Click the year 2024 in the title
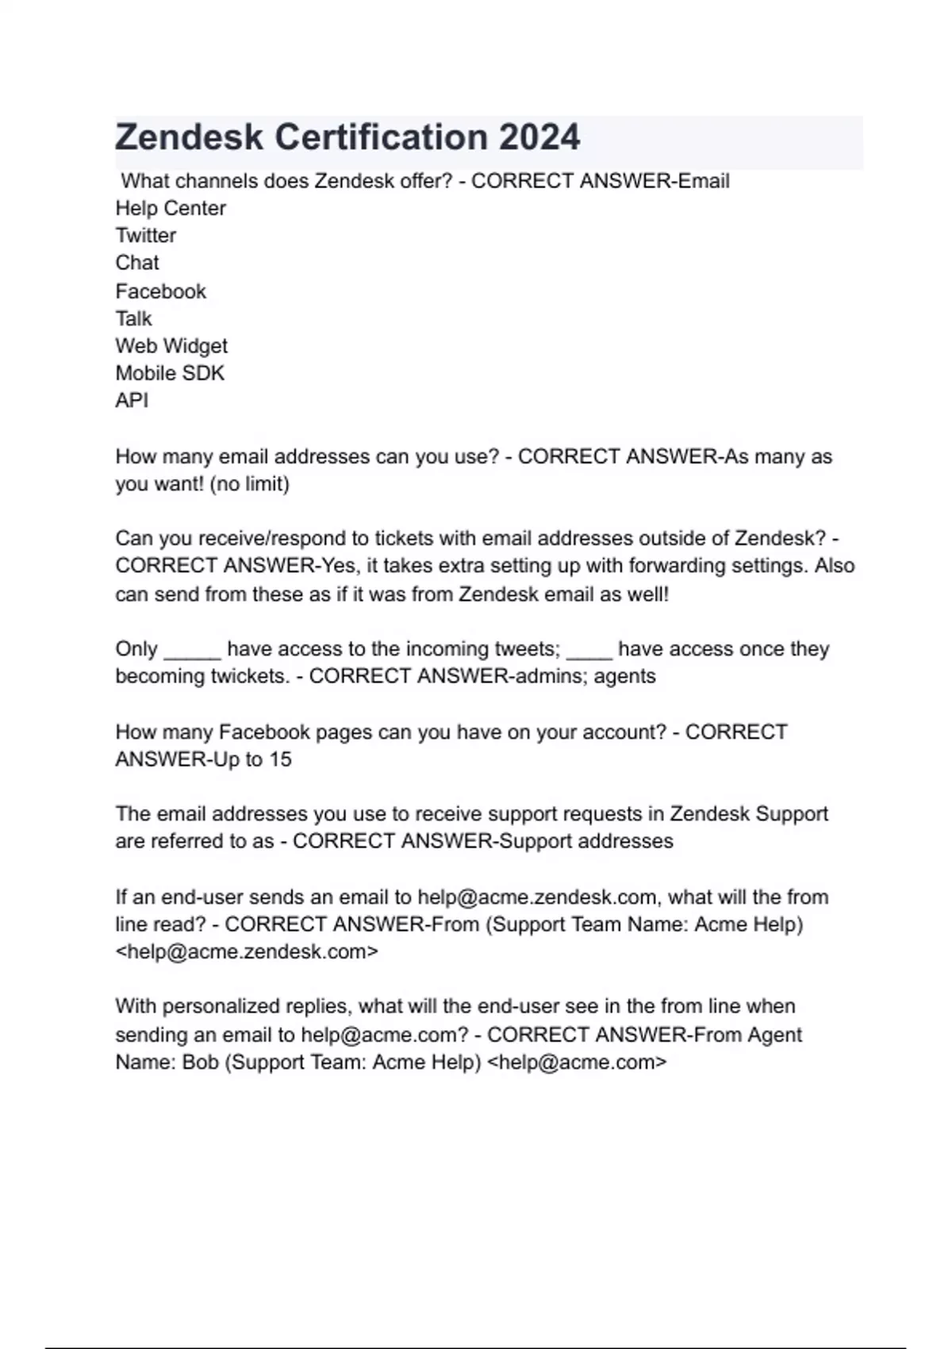[x=539, y=137]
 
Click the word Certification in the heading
[x=381, y=137]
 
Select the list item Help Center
[x=171, y=208]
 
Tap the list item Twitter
[x=146, y=236]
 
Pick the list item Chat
[x=137, y=263]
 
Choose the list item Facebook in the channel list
[x=160, y=291]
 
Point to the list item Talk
[x=133, y=319]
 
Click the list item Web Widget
[x=171, y=346]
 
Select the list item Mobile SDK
[x=170, y=373]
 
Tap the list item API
[x=132, y=401]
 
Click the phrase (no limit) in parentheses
[x=249, y=484]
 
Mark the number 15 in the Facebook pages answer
[x=280, y=759]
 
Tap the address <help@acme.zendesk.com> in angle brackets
[x=247, y=951]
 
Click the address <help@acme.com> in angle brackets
[x=576, y=1062]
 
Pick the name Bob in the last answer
[x=201, y=1062]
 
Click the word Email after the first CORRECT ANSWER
[x=704, y=181]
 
